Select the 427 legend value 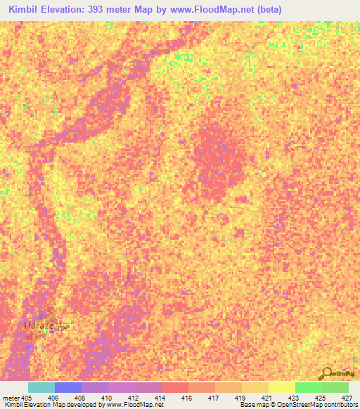pos(347,397)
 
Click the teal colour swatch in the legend pos(41,387)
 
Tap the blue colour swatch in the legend pos(67,387)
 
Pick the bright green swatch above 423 pos(308,387)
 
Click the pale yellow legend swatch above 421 pos(281,387)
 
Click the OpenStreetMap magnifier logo pos(326,372)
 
